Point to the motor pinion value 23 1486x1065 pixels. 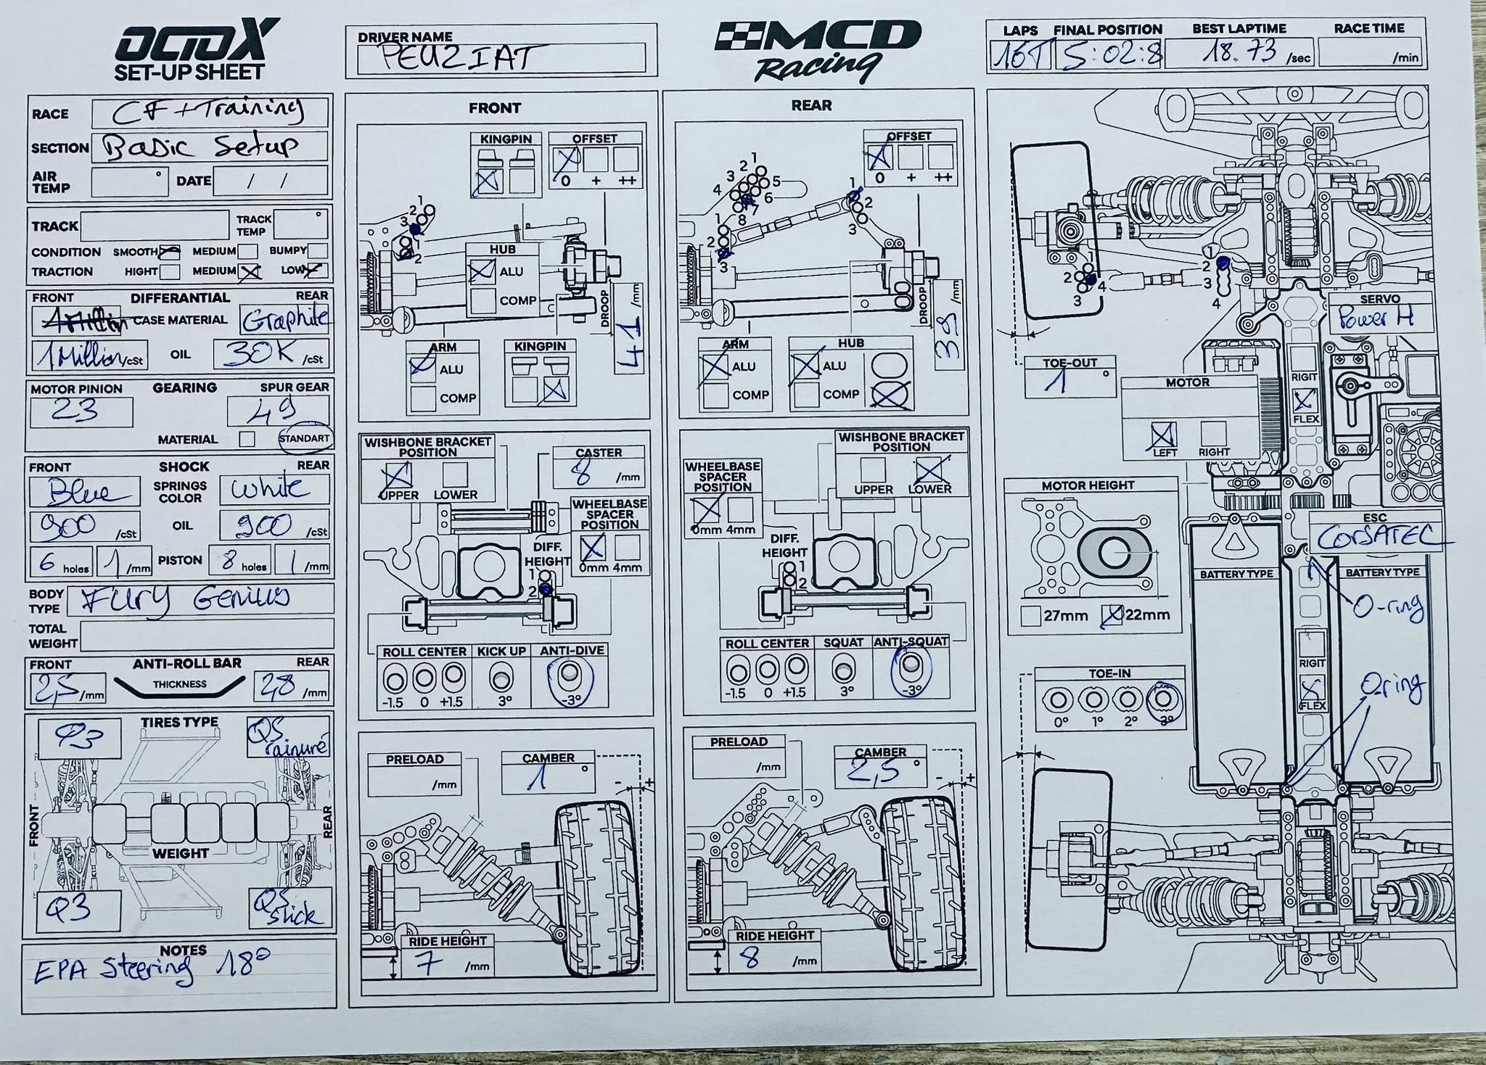[75, 410]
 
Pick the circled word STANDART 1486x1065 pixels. [304, 438]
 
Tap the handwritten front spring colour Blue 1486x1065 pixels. [81, 492]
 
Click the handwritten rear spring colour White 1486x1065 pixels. [269, 488]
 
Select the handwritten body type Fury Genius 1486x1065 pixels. [185, 599]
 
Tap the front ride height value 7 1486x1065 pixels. [430, 963]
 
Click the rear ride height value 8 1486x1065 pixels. [751, 959]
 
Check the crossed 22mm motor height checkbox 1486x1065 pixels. [1112, 614]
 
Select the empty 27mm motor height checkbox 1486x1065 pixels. [1030, 616]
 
